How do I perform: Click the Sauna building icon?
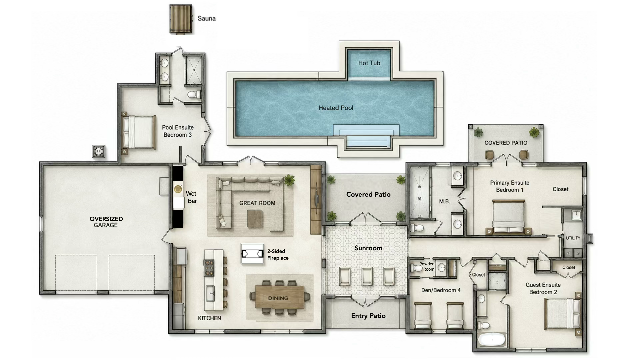pos(181,19)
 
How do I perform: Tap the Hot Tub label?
pos(369,63)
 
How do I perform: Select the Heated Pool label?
pos(336,108)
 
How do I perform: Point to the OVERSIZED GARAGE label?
pos(106,222)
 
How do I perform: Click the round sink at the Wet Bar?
pos(178,189)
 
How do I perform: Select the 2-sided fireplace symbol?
pos(252,254)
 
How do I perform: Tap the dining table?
pos(279,297)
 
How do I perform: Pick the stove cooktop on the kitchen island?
pos(209,268)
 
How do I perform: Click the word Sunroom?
pos(368,248)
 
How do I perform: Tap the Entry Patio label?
pos(368,316)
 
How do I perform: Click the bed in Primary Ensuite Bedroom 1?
pos(508,217)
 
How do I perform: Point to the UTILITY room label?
pos(573,238)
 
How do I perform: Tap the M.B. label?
pos(444,201)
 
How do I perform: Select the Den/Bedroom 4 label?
pos(441,290)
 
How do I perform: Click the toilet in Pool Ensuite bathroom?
pos(193,95)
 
